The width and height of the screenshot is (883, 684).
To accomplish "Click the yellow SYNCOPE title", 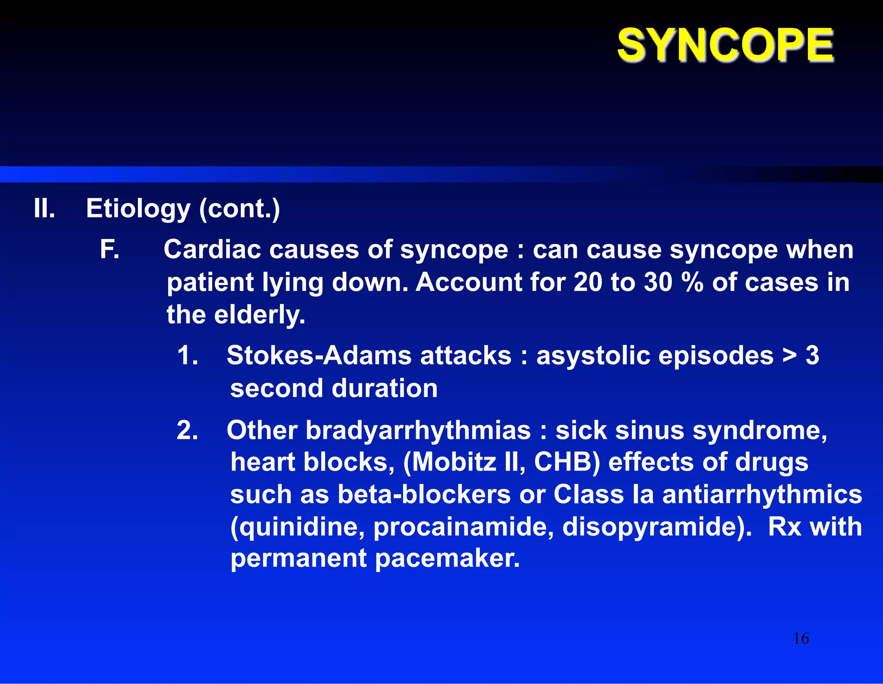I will (x=725, y=45).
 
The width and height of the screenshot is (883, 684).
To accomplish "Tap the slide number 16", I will (x=801, y=638).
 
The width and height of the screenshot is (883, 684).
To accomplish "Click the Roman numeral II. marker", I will (x=44, y=209).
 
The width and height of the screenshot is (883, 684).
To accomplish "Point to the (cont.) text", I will (x=239, y=209).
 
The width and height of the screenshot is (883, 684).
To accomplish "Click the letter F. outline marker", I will (x=110, y=250).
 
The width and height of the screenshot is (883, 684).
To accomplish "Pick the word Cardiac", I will (x=212, y=250).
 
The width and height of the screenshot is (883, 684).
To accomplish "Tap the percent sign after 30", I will (x=692, y=282).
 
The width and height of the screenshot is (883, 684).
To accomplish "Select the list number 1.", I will (x=188, y=356).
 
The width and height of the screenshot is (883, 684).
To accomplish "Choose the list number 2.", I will (x=188, y=430).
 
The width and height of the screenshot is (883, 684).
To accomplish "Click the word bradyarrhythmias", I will (x=418, y=431).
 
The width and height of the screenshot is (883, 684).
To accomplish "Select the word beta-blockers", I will (x=424, y=494).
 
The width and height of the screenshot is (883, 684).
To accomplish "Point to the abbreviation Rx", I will (x=784, y=527).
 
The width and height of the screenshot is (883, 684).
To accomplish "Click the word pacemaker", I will (x=447, y=558).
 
